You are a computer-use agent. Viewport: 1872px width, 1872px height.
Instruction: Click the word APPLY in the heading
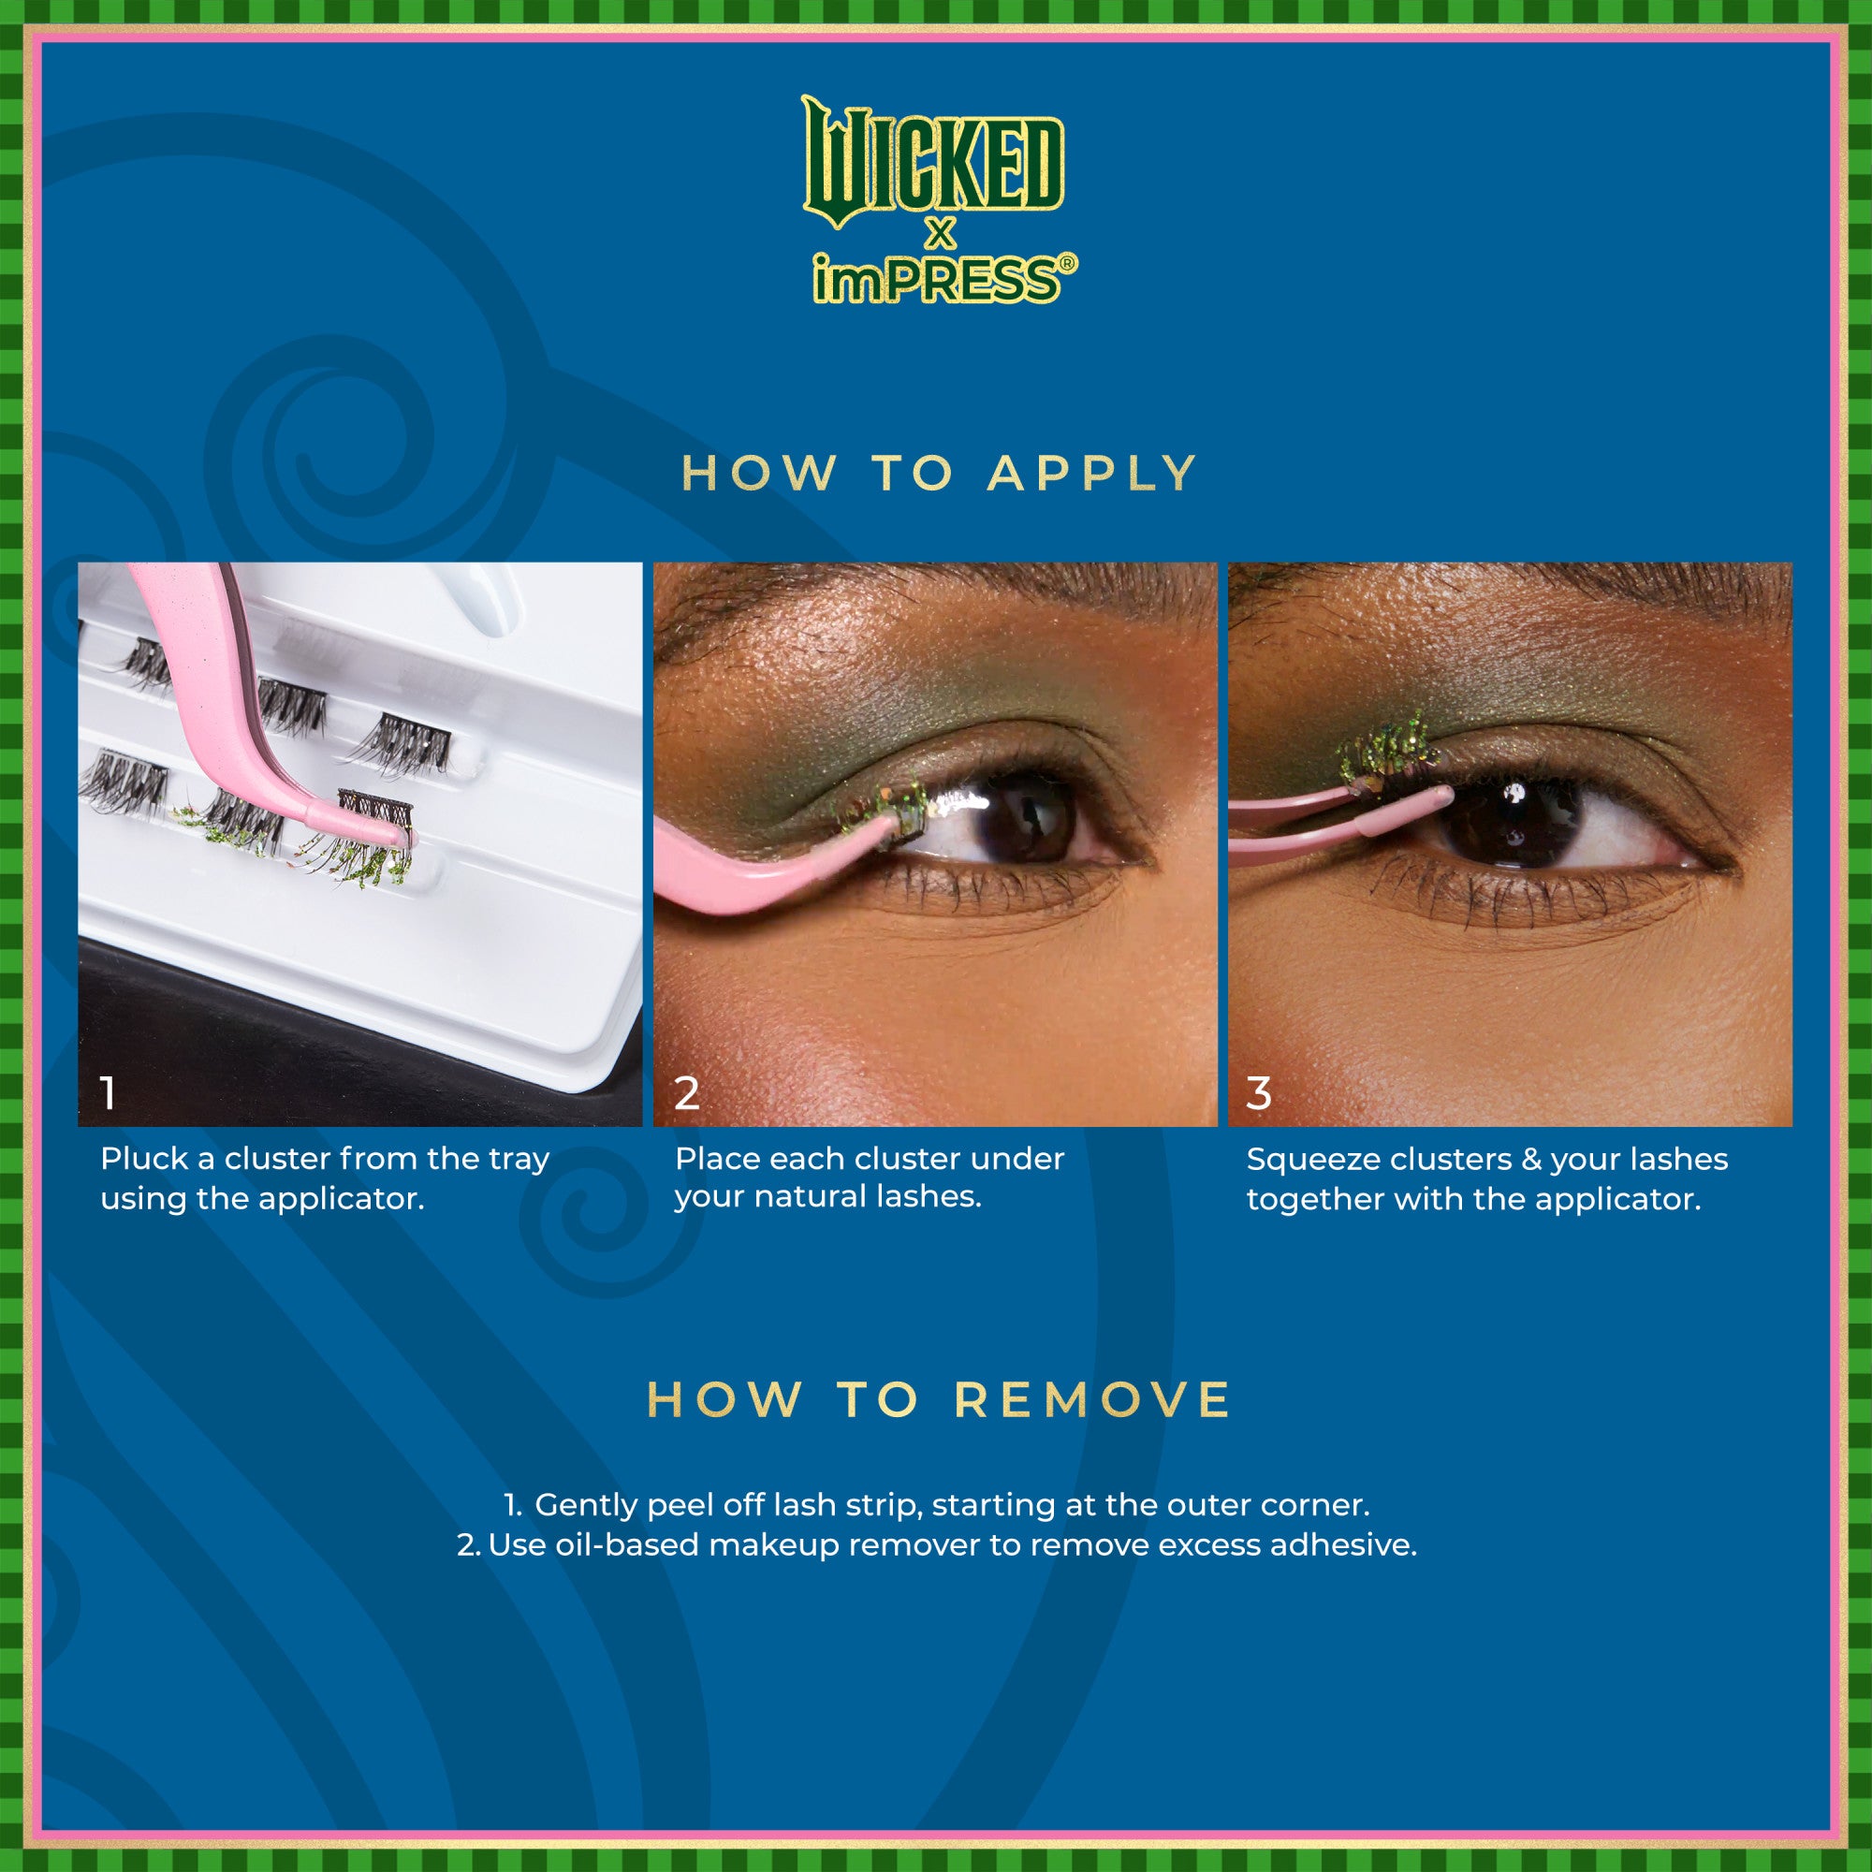[x=1092, y=474]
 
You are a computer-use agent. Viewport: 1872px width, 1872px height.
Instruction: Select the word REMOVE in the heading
[x=1092, y=1400]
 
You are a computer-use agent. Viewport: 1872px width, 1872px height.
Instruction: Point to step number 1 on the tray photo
[x=109, y=1093]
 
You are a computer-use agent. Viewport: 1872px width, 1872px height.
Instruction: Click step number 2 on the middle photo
[x=686, y=1093]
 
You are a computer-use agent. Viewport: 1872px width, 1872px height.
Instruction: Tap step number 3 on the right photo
[x=1258, y=1093]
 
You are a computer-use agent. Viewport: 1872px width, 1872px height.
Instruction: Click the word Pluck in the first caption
[x=144, y=1159]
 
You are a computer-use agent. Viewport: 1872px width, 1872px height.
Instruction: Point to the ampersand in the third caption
[x=1531, y=1160]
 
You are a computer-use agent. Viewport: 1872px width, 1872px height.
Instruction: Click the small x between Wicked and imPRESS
[x=939, y=233]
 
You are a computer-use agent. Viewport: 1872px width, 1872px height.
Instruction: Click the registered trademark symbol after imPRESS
[x=1067, y=263]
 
